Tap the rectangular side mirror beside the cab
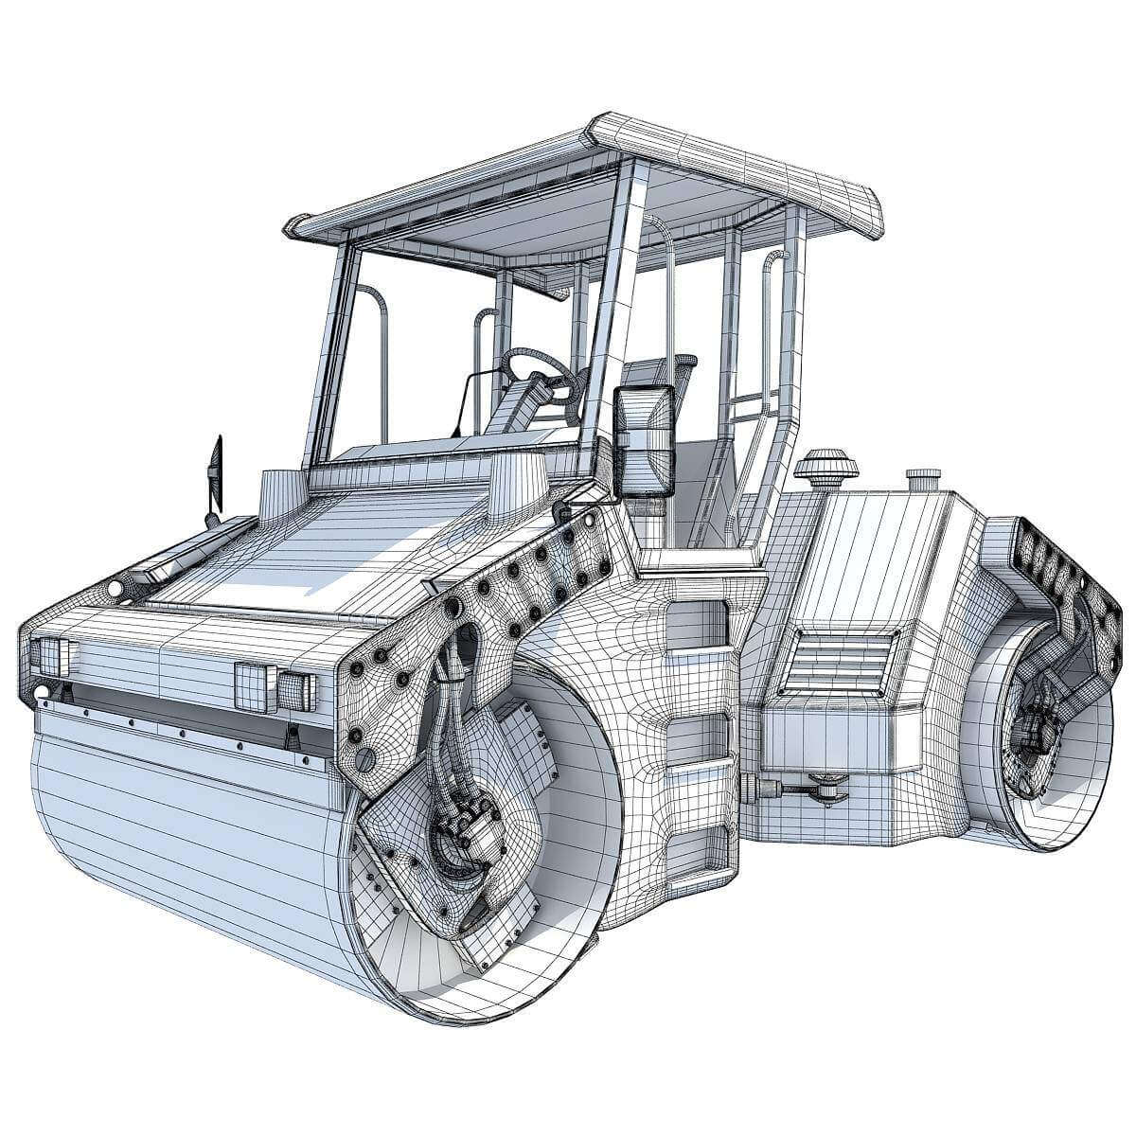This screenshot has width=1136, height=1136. pos(645,439)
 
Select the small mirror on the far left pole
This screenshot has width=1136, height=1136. pos(217,470)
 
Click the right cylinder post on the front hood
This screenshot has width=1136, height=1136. pos(517,484)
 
